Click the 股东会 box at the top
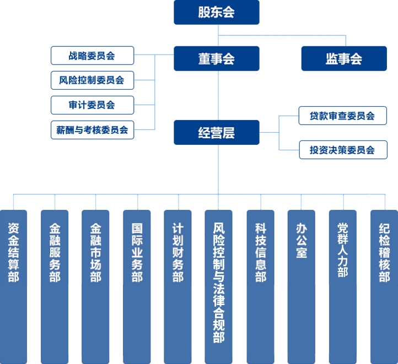[x=217, y=12]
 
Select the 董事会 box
[x=217, y=58]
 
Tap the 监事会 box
[x=344, y=58]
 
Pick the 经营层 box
[x=217, y=132]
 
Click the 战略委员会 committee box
[x=93, y=56]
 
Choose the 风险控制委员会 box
[x=93, y=80]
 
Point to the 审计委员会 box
[x=93, y=105]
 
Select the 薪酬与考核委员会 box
[x=93, y=130]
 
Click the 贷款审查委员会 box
[x=343, y=116]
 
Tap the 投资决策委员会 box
[x=343, y=150]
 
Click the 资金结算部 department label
[x=13, y=252]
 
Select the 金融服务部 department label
[x=55, y=252]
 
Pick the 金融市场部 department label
[x=96, y=252]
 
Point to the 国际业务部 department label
[x=137, y=252]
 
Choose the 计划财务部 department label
[x=178, y=252]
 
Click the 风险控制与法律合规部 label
[x=219, y=282]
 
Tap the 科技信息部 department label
[x=261, y=252]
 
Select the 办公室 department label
[x=302, y=240]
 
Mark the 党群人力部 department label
[x=343, y=250]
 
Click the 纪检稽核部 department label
[x=384, y=252]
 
